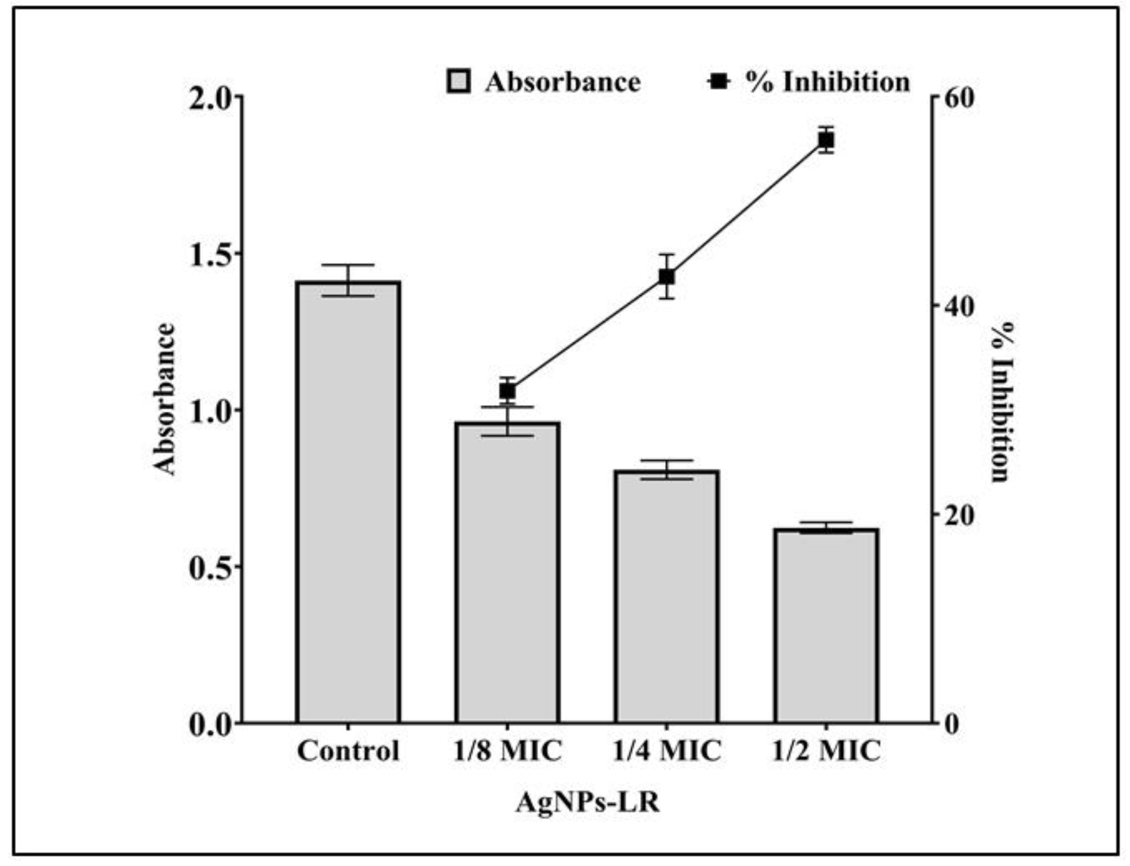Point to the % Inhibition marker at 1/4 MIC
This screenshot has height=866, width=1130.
click(x=667, y=277)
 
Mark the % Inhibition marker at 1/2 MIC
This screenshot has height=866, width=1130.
click(x=826, y=140)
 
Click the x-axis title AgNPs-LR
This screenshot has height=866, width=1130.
click(x=588, y=802)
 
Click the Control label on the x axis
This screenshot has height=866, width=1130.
click(x=348, y=751)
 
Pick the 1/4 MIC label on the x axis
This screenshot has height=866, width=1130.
click(x=667, y=751)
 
